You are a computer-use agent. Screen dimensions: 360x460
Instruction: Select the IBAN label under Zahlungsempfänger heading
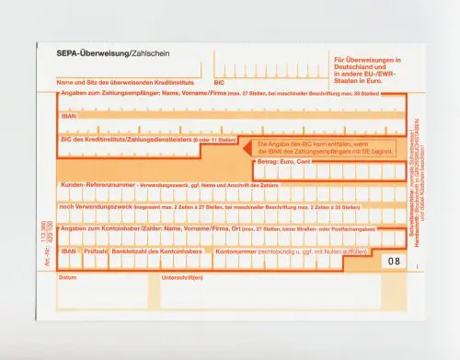pyautogui.click(x=68, y=117)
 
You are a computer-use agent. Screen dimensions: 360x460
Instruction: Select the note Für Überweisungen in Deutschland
pyautogui.click(x=362, y=68)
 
